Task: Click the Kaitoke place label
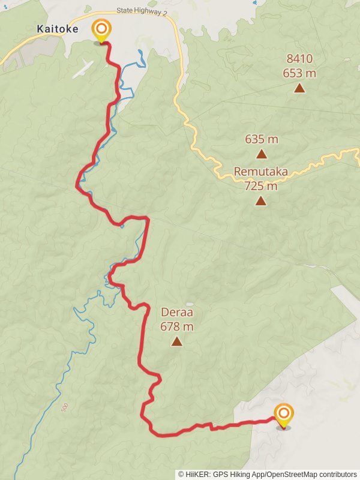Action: click(58, 29)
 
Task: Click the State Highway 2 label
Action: click(142, 10)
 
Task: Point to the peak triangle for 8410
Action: click(299, 89)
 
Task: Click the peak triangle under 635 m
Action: click(262, 154)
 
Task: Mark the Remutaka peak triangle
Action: click(260, 200)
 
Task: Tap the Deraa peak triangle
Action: click(176, 341)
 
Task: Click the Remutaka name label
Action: click(260, 172)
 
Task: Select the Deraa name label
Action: click(177, 313)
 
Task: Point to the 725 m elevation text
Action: click(261, 186)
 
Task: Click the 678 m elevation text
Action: click(177, 327)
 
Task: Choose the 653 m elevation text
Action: click(299, 73)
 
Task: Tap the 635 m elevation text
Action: click(262, 139)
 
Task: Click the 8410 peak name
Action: click(299, 59)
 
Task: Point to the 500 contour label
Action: click(64, 408)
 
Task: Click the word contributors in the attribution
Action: click(336, 475)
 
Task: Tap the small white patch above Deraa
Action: click(190, 304)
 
